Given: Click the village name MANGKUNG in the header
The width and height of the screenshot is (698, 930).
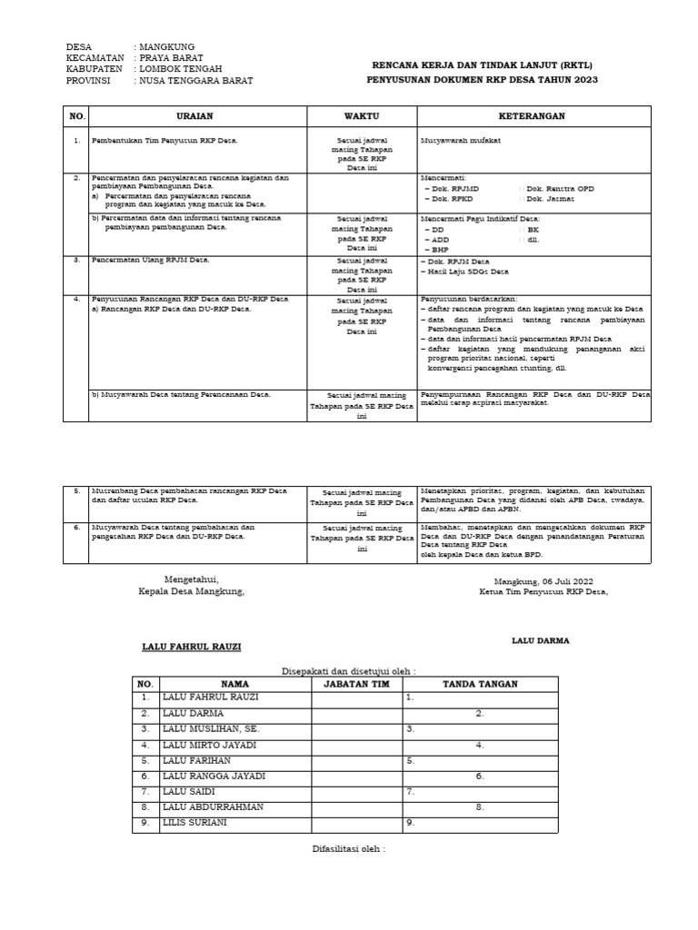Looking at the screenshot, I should pos(166,47).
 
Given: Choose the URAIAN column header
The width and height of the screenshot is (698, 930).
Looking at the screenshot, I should pos(196,116).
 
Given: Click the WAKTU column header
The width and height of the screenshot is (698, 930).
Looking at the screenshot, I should pos(361,116).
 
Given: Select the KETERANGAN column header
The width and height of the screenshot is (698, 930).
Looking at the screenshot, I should pos(533,116).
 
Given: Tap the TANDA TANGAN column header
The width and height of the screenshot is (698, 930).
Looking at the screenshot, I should pos(480,684).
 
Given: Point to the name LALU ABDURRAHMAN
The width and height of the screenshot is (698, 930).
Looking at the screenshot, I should pos(213,806).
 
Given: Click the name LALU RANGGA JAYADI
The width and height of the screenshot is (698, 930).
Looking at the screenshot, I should pos(214,776).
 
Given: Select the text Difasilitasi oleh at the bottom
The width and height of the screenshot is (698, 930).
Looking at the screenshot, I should pos(344,849).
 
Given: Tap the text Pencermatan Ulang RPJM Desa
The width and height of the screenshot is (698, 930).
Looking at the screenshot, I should pos(151,261).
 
